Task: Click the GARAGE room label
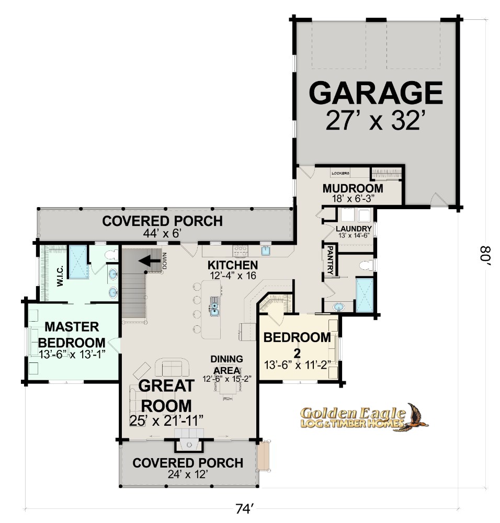tap(376, 93)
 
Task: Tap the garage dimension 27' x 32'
tap(376, 120)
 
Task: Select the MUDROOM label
tap(353, 188)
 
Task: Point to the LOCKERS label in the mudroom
tap(340, 173)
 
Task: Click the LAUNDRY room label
tap(354, 229)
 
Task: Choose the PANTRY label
tap(330, 260)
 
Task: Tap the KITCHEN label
tap(233, 265)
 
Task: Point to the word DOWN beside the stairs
tap(164, 261)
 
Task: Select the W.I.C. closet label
tap(60, 276)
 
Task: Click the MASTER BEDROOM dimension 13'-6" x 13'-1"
tap(72, 354)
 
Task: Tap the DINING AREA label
tap(227, 365)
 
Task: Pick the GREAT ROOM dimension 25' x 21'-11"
tap(166, 421)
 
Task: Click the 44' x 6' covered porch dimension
tap(162, 233)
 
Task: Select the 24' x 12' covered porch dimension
tap(188, 474)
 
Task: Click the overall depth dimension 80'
tap(485, 255)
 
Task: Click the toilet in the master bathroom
tap(111, 255)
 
